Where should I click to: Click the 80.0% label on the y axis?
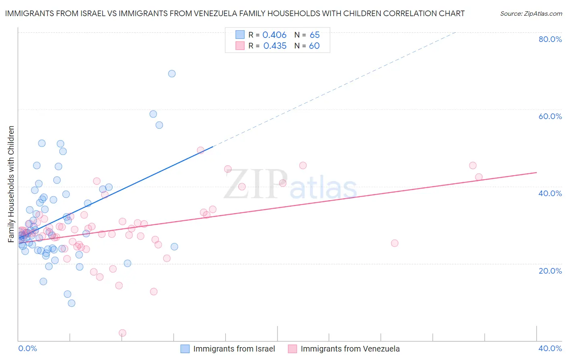tap(550, 39)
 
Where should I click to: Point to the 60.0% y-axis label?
tap(550, 116)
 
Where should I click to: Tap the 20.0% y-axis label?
tap(550, 270)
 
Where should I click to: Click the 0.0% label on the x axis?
tap(27, 348)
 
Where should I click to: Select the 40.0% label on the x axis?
tap(550, 348)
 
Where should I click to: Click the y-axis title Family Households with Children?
tap(11, 184)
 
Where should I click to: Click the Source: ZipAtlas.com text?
tap(531, 14)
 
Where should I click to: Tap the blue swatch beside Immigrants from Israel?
tap(185, 349)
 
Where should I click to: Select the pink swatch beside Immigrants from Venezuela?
tap(292, 349)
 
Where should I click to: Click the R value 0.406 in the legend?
tap(274, 35)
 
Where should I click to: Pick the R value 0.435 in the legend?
tap(275, 46)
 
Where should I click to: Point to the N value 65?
tap(315, 35)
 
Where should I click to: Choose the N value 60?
tap(314, 46)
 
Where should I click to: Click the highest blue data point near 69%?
tap(172, 73)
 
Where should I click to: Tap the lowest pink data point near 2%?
tap(123, 333)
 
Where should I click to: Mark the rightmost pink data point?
tap(479, 177)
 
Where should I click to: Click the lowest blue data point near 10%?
tap(71, 303)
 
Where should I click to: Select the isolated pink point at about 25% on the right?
tap(394, 243)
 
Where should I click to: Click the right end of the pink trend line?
tap(536, 172)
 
